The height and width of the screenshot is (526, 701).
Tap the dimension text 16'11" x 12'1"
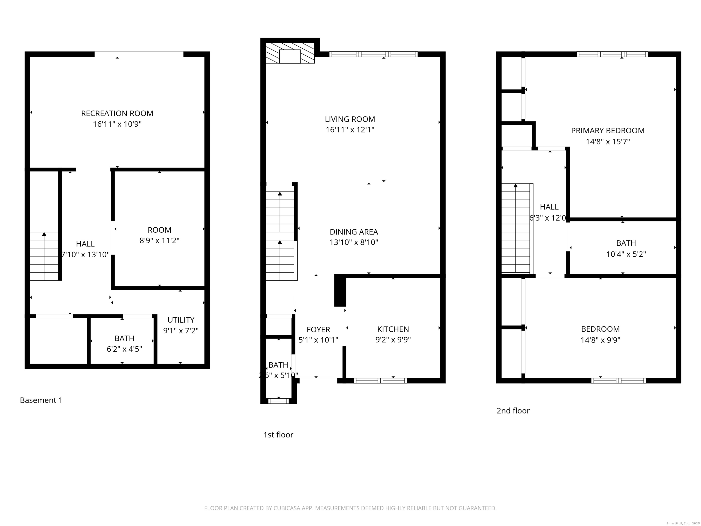(x=350, y=130)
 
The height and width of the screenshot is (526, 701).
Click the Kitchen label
(x=393, y=329)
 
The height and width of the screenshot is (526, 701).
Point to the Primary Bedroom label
(x=607, y=131)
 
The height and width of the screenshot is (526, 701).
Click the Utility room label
(x=181, y=320)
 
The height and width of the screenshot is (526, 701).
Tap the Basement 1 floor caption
(x=41, y=400)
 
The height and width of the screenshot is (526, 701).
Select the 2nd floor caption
(x=513, y=410)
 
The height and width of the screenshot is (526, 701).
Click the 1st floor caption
(x=278, y=435)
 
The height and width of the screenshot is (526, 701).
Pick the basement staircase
(x=44, y=256)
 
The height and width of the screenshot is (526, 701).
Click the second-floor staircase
(x=516, y=228)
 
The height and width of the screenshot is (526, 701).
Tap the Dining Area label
(x=354, y=232)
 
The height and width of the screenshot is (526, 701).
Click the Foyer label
(x=318, y=329)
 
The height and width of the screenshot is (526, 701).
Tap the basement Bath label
(x=124, y=338)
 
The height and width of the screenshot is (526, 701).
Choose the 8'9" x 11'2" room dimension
(x=160, y=241)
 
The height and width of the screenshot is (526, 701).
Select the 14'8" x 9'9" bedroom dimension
(x=600, y=340)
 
